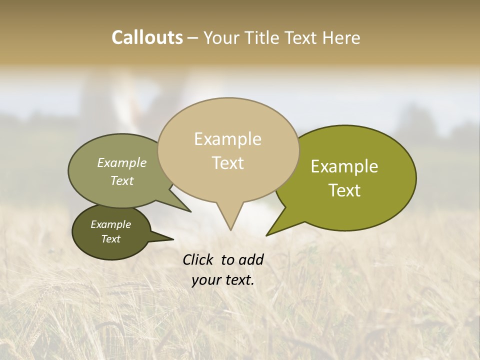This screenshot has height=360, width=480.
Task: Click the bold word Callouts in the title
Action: tap(147, 37)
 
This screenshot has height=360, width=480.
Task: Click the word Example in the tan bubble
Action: tap(227, 139)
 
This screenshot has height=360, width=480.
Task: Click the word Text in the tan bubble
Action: tap(227, 163)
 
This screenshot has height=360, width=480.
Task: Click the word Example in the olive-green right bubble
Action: tap(344, 166)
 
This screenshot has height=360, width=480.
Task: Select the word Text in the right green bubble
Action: tap(344, 190)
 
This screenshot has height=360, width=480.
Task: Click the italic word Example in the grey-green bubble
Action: tap(121, 162)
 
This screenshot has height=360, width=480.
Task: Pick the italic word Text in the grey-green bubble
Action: tap(121, 180)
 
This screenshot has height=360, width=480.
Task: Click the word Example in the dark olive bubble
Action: tap(110, 224)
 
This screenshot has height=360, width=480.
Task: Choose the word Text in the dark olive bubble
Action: tap(110, 239)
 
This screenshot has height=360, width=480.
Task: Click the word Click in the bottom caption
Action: tap(198, 259)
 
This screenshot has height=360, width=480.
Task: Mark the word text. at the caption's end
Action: tap(238, 280)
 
